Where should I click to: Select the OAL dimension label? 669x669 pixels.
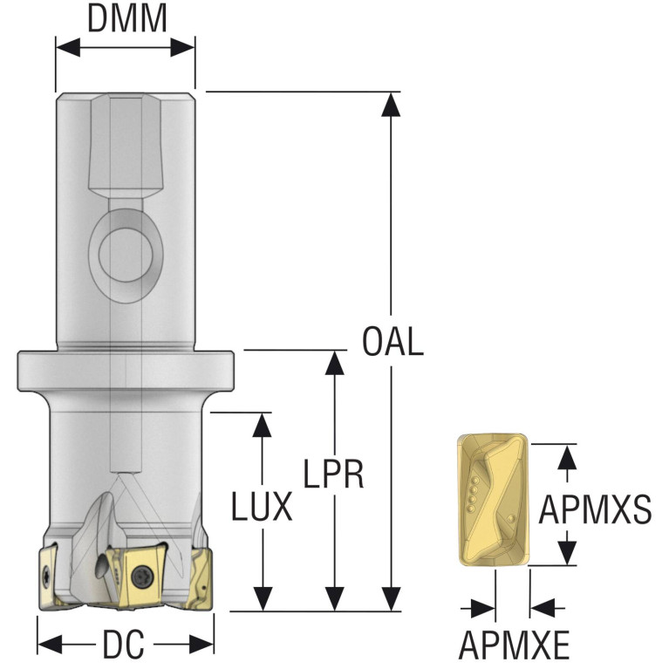coord(392,341)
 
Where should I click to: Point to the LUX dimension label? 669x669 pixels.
coord(262,505)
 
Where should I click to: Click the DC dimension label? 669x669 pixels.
coord(124,645)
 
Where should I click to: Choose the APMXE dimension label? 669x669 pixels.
coord(514,645)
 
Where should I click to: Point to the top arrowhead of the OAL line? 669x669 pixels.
coord(392,102)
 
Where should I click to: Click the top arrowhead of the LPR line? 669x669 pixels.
coord(332,361)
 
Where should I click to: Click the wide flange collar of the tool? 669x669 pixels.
coord(126,371)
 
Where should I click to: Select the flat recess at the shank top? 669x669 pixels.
coord(126,144)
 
